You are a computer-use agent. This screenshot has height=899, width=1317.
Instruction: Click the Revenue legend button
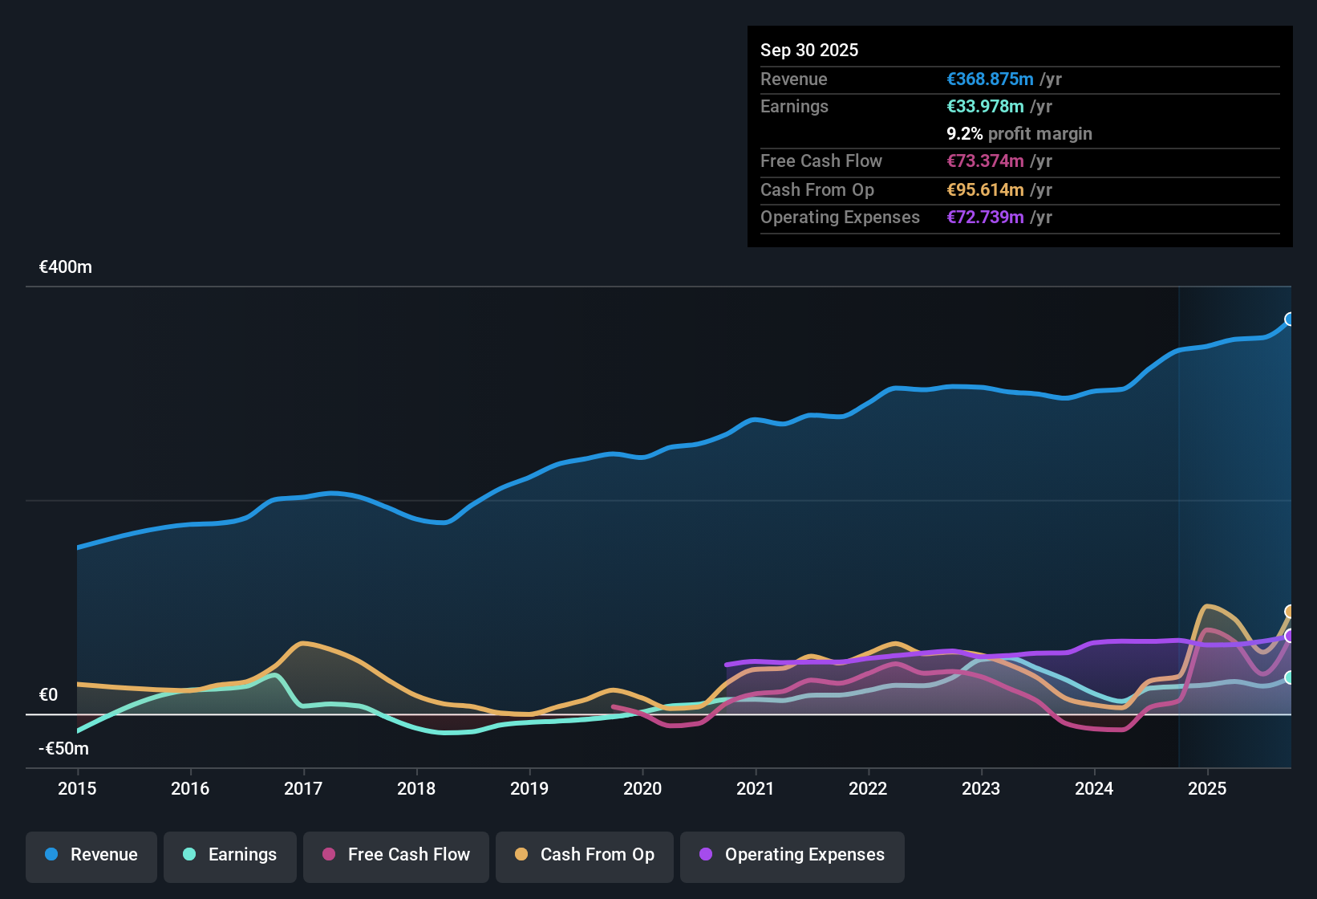91,855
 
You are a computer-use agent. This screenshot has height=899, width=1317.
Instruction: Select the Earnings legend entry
230,855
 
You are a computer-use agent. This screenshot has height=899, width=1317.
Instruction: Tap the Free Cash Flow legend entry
396,855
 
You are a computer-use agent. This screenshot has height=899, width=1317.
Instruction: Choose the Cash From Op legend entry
585,855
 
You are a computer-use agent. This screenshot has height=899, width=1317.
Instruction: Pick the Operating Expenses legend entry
792,855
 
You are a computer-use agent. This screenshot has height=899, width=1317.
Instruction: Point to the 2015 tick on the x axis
77,788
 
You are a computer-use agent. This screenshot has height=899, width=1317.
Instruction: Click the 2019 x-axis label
529,788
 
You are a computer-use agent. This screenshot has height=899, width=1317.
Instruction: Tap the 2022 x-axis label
868,788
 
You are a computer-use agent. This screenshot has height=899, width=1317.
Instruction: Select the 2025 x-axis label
1207,788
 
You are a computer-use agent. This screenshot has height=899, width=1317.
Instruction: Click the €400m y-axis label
66,267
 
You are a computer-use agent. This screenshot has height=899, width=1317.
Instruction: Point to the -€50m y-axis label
64,749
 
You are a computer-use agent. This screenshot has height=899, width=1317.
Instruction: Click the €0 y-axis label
49,695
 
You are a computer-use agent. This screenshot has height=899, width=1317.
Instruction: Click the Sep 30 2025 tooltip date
809,51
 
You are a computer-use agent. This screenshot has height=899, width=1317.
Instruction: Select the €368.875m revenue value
990,79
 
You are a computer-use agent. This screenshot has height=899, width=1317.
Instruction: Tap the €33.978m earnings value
985,107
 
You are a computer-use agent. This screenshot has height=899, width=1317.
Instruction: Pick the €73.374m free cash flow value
985,161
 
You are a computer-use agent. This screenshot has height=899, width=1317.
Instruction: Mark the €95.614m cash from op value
985,190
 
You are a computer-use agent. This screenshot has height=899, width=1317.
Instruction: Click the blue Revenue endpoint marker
1290,319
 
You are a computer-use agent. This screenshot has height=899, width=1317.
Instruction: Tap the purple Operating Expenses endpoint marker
1290,636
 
